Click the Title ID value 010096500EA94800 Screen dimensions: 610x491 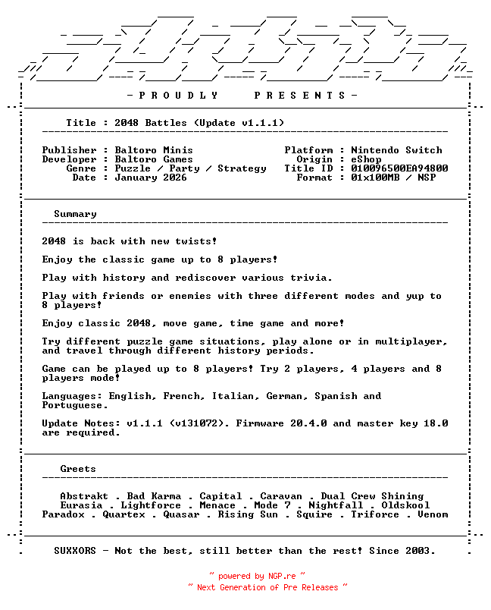tap(399, 168)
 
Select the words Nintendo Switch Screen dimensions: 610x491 tap(396, 150)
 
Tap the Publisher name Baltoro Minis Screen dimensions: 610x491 tap(154, 150)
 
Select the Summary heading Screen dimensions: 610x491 tap(75, 214)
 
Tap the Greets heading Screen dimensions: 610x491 tap(78, 469)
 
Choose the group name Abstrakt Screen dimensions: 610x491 tap(84, 496)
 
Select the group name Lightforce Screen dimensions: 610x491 tap(151, 505)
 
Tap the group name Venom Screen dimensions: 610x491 tap(433, 514)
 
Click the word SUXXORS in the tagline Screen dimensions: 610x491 tap(75, 551)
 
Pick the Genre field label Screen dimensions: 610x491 tap(81, 168)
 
